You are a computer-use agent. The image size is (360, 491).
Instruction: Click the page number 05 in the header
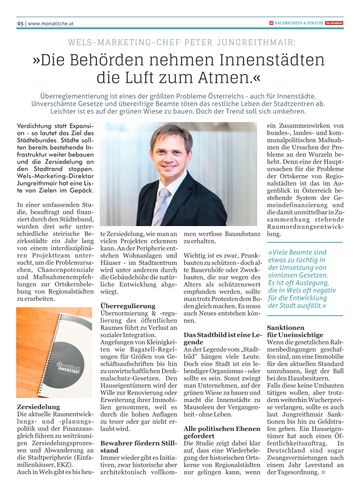[20, 23]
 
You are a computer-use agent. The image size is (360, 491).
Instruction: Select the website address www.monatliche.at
[50, 23]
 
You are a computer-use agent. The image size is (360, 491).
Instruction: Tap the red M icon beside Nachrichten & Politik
[271, 23]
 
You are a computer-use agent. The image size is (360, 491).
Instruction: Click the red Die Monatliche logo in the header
[334, 23]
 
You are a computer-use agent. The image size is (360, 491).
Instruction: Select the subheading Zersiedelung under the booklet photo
[39, 407]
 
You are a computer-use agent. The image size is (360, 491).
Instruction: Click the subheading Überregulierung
[128, 306]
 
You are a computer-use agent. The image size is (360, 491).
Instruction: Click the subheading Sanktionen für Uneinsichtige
[295, 331]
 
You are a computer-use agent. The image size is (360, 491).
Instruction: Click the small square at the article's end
[323, 473]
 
